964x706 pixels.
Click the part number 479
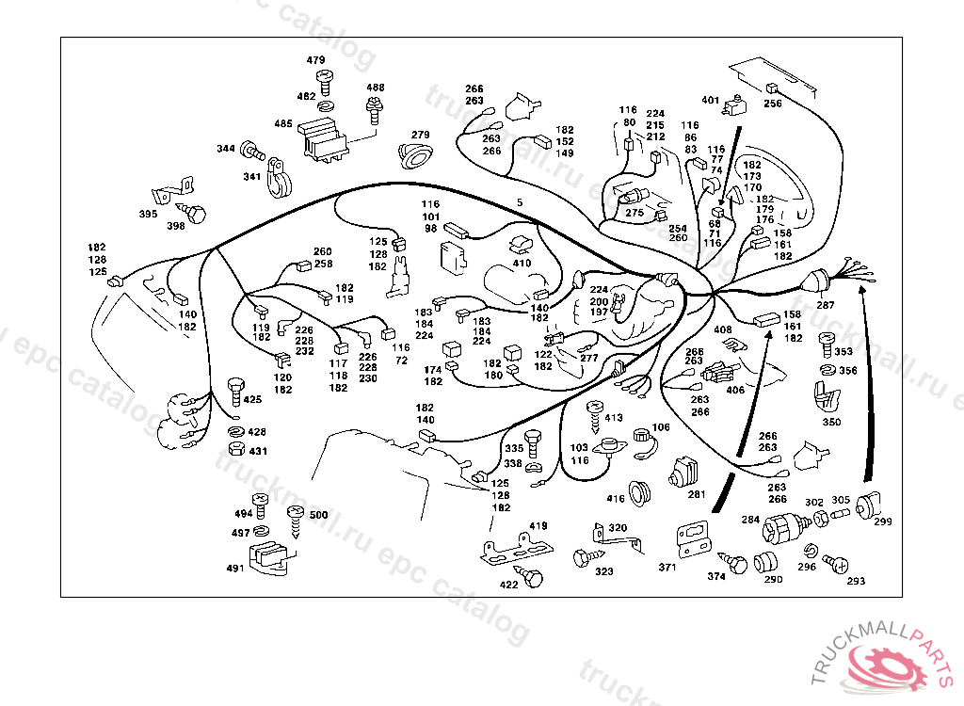tap(315, 60)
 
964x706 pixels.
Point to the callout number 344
tap(226, 149)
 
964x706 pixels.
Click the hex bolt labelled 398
tap(195, 215)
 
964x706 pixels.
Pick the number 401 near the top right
tap(710, 101)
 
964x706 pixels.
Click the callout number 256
tap(773, 104)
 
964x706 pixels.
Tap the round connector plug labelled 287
tap(815, 282)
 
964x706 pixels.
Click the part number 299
tap(883, 521)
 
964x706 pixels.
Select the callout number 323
tap(604, 571)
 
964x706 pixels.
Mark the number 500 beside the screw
tap(319, 515)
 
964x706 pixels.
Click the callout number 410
tap(522, 263)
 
